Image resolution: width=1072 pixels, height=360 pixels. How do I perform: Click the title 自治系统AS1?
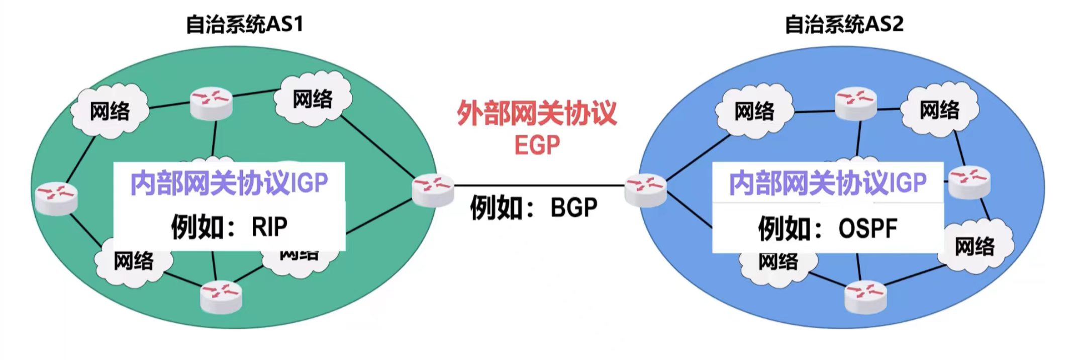[244, 24]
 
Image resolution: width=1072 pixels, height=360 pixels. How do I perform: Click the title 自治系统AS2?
[844, 24]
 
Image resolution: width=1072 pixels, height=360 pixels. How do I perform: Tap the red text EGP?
[537, 145]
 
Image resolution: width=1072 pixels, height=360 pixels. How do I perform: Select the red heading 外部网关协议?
[536, 113]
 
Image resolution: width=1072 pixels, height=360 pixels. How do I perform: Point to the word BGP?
[574, 207]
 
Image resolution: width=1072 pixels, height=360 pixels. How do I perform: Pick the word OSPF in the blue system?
[867, 228]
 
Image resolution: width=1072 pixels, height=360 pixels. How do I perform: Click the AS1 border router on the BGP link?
[432, 190]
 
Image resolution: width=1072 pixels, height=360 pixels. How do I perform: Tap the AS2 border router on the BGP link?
[645, 190]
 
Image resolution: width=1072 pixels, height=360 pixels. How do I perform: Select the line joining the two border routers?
[539, 186]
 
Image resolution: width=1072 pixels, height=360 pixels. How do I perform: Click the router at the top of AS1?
[211, 104]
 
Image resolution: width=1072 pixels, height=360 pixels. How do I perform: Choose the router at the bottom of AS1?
[221, 297]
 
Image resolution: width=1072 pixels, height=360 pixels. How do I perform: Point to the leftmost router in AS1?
[56, 198]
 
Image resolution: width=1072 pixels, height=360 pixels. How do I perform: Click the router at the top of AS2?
[855, 104]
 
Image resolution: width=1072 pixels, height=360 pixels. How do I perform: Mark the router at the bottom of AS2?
[865, 297]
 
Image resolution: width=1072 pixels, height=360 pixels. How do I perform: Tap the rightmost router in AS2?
[969, 182]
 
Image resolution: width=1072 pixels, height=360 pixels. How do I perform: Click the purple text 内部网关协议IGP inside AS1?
[229, 183]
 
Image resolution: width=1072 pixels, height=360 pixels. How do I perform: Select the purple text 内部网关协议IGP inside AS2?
[828, 183]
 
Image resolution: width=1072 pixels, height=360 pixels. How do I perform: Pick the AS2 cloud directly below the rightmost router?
[975, 246]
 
